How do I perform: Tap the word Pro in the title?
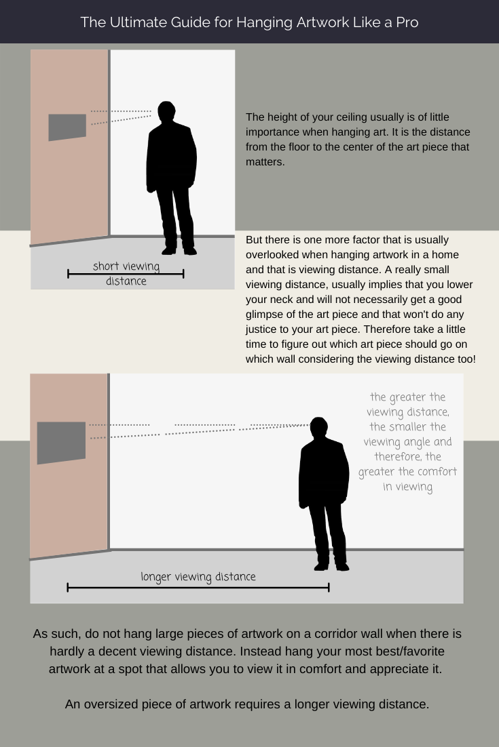(405, 22)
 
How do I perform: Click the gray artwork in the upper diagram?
(67, 127)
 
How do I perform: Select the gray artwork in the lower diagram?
(61, 443)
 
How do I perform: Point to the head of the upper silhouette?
(166, 111)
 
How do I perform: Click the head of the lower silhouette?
(318, 428)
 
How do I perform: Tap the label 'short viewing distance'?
(126, 273)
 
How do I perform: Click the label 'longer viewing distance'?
(198, 577)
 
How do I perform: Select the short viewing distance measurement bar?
(126, 274)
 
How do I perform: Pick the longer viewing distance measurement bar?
(198, 587)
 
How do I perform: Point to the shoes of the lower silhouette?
(332, 567)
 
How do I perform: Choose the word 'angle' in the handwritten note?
(435, 442)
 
